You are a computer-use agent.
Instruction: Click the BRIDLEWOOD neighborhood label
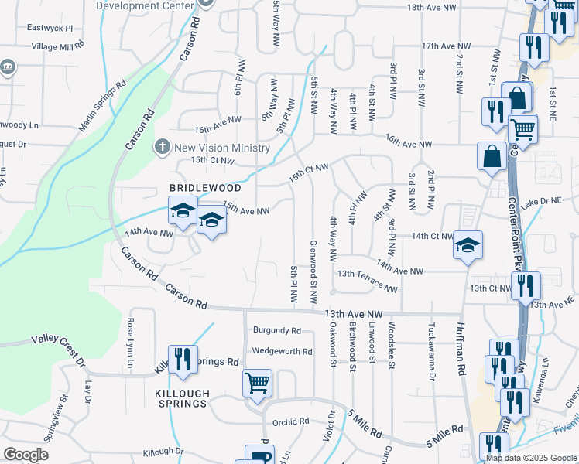point(205,188)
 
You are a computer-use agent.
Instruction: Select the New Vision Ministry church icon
point(163,146)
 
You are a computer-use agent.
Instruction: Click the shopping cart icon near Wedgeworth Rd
point(257,382)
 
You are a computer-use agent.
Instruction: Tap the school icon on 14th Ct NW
point(468,246)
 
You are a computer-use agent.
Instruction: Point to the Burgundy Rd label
point(276,330)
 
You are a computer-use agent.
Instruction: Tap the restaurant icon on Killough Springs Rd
point(183,360)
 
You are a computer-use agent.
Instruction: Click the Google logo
point(26,455)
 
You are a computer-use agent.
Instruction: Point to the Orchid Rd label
point(290,422)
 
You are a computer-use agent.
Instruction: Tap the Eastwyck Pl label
point(49,28)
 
